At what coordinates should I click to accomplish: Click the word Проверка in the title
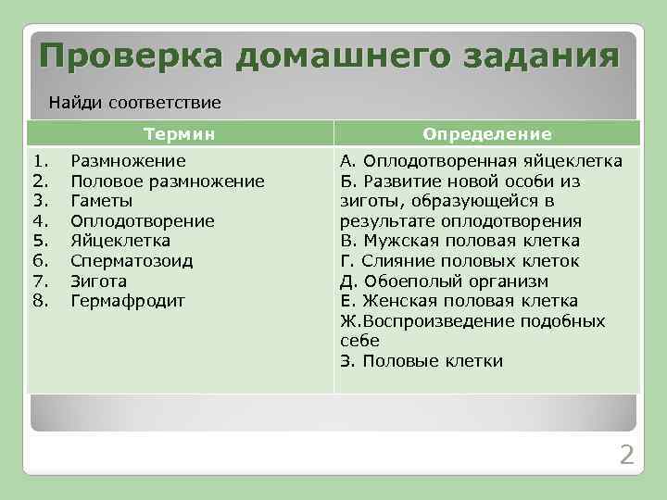pyautogui.click(x=129, y=56)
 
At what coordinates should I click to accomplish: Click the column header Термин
pyautogui.click(x=184, y=133)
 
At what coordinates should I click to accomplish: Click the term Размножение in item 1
pyautogui.click(x=128, y=161)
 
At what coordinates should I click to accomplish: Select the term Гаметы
pyautogui.click(x=101, y=201)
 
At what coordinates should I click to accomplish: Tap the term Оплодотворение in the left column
pyautogui.click(x=142, y=221)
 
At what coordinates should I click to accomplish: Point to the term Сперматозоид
pyautogui.click(x=132, y=261)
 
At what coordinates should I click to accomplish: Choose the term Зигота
pyautogui.click(x=98, y=281)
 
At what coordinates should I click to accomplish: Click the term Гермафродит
pyautogui.click(x=128, y=301)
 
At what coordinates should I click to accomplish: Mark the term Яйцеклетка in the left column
pyautogui.click(x=120, y=241)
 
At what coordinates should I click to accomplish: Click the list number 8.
pyautogui.click(x=40, y=301)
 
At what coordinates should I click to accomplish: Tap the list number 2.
pyautogui.click(x=40, y=181)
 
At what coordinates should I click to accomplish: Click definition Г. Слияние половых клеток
pyautogui.click(x=459, y=261)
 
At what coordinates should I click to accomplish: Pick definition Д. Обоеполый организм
pyautogui.click(x=444, y=281)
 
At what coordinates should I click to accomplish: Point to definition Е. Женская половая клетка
pyautogui.click(x=459, y=301)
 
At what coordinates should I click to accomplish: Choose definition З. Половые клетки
pyautogui.click(x=422, y=361)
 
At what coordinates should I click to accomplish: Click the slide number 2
pyautogui.click(x=626, y=455)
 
